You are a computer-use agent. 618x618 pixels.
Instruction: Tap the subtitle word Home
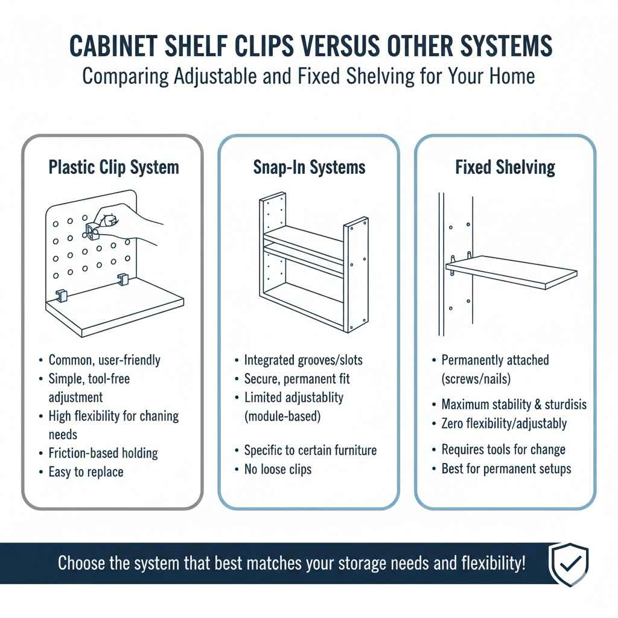[x=512, y=77]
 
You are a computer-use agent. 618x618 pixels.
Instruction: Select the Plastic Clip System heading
[x=113, y=167]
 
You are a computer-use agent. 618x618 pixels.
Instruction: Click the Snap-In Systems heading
[x=309, y=167]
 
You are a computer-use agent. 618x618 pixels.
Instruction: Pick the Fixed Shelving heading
[x=505, y=167]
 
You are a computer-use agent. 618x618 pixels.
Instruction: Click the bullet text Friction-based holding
[x=103, y=453]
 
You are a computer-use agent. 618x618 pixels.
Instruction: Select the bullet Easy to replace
[x=86, y=472]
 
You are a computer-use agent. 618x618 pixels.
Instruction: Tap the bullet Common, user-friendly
[x=104, y=360]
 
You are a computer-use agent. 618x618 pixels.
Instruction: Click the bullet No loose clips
[x=278, y=469]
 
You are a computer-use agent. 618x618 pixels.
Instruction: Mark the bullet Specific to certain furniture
[x=310, y=450]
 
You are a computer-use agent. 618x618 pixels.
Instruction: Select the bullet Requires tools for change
[x=503, y=450]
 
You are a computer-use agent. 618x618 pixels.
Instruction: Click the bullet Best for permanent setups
[x=506, y=468]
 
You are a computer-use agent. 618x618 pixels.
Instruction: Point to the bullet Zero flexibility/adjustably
[x=504, y=423]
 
